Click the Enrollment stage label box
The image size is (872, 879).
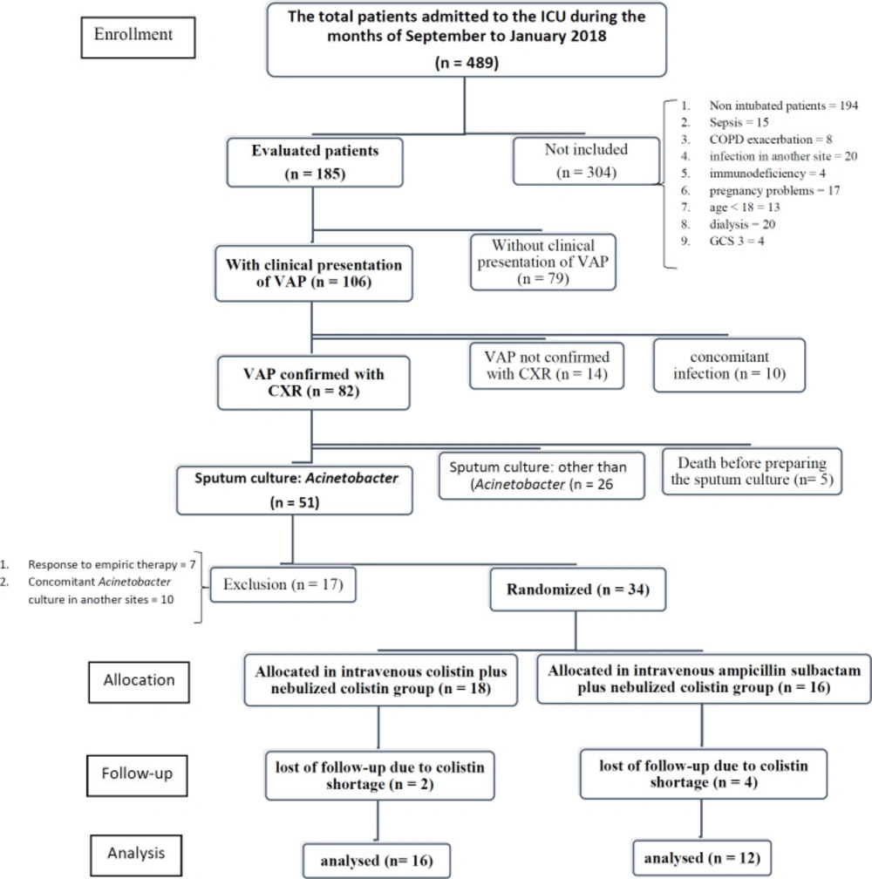138,37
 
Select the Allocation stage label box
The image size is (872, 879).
139,682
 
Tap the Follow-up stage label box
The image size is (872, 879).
137,775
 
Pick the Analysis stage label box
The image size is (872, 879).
136,855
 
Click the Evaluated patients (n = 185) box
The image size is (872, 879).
315,162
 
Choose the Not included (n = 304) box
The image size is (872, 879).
586,160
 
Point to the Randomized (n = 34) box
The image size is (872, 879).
578,589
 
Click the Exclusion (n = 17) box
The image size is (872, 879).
283,584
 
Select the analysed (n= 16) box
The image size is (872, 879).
377,861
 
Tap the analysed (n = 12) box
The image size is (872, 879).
702,858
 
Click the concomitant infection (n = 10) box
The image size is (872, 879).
729,365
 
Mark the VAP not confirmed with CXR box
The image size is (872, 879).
547,365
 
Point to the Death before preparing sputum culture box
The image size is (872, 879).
752,472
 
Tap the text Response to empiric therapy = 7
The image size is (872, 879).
112,564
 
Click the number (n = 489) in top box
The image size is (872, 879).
467,62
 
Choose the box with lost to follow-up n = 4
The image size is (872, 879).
704,773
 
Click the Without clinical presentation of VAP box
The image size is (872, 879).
543,262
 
